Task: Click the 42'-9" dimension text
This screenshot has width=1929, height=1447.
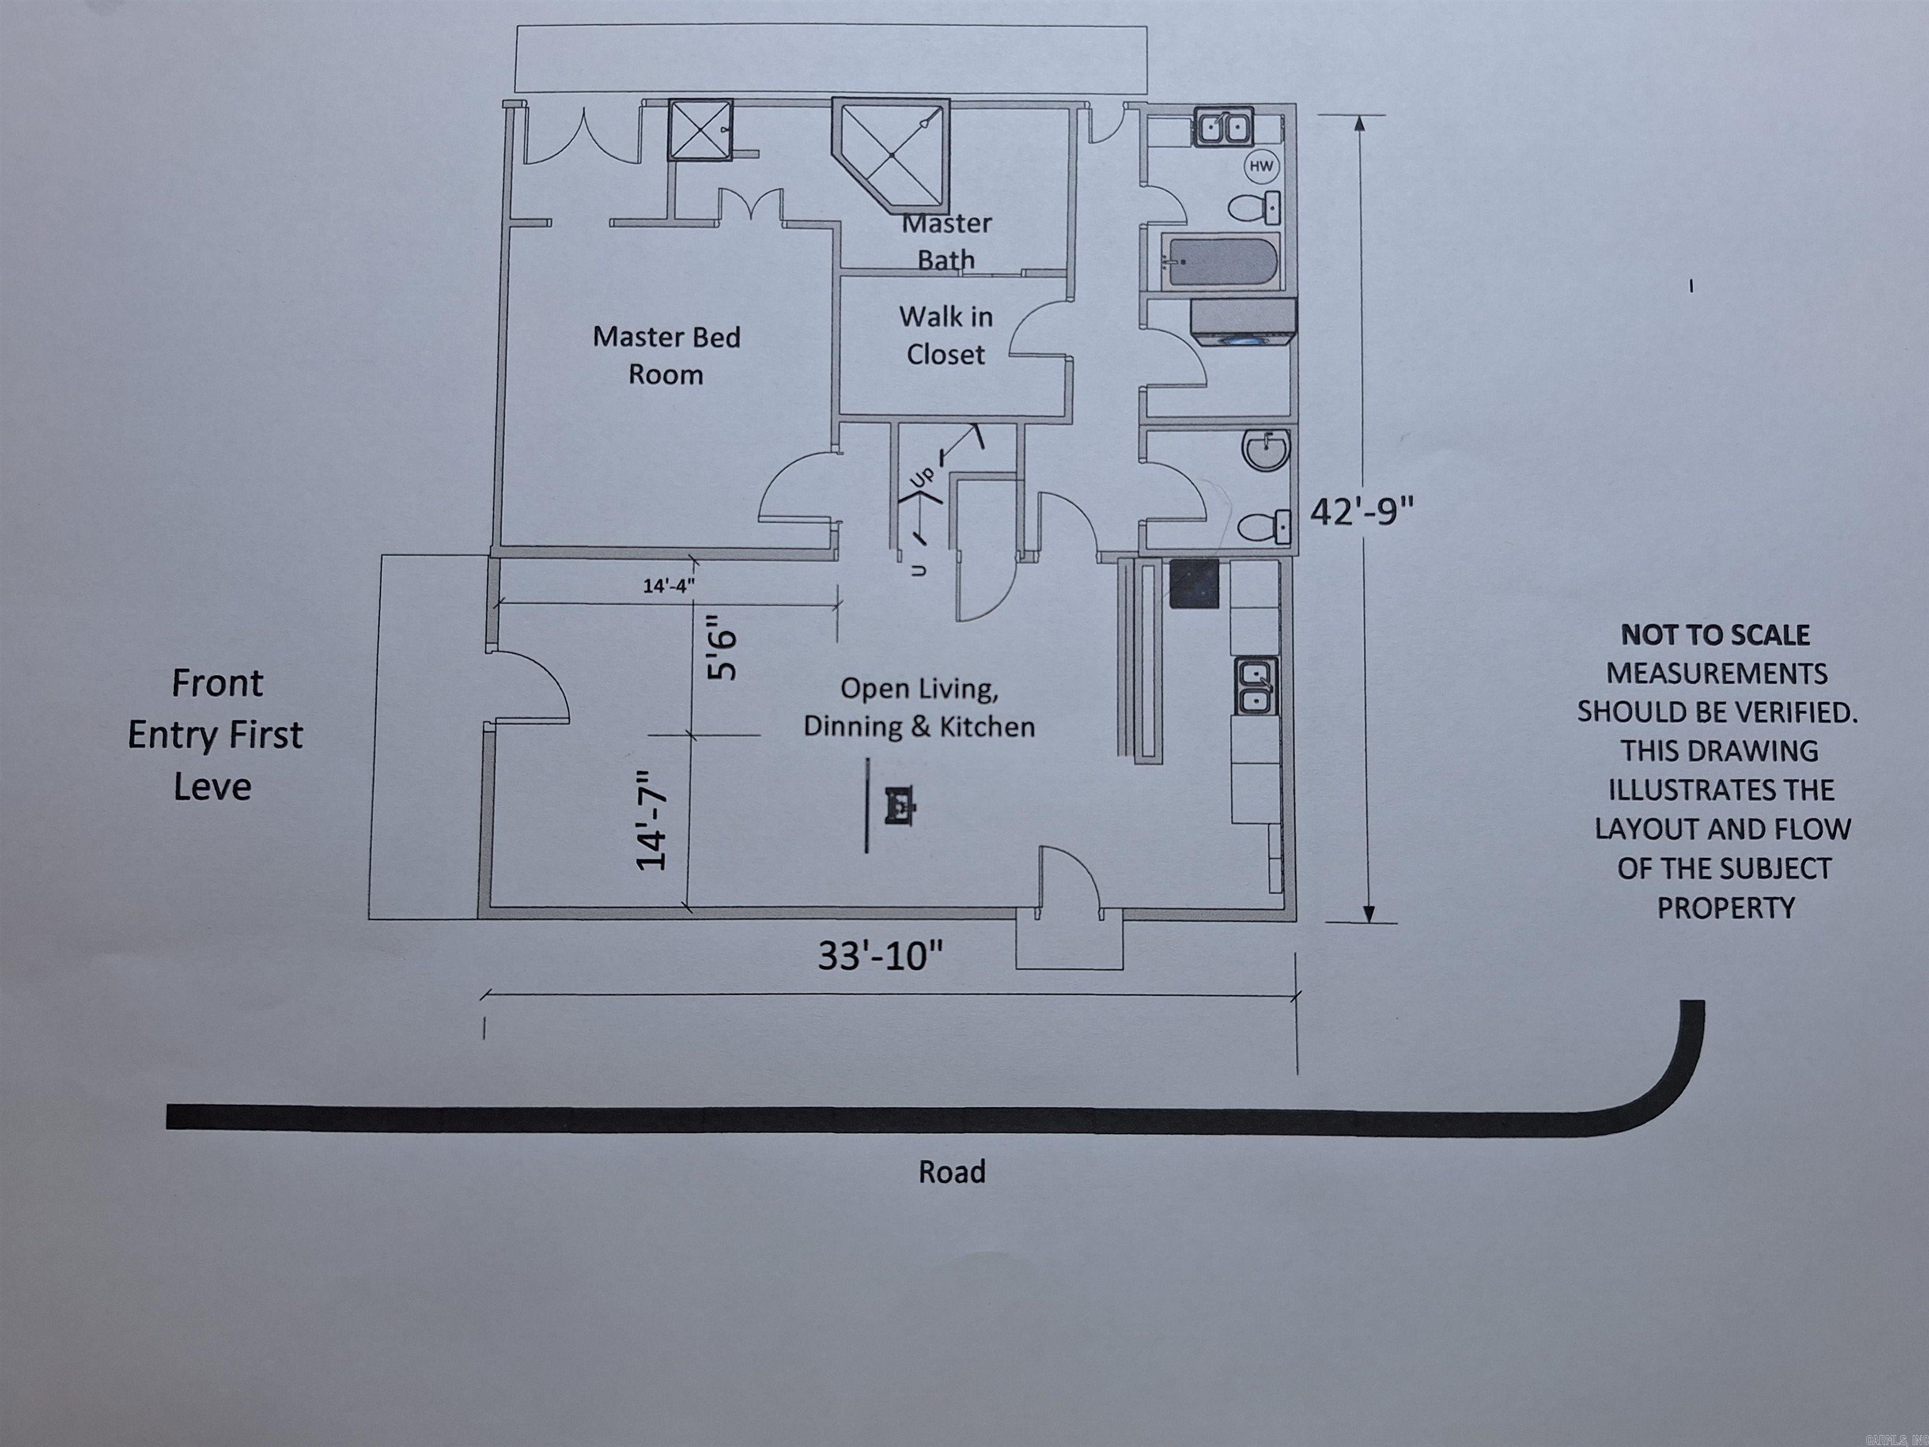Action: pos(1361,512)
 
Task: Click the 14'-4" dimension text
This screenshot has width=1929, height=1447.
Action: pos(669,585)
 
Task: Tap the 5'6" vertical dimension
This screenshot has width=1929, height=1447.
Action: pos(723,648)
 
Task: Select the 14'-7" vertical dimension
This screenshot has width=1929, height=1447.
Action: pos(652,820)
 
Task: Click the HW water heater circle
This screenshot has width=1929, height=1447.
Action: pos(1261,166)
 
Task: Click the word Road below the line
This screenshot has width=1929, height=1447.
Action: pos(951,1171)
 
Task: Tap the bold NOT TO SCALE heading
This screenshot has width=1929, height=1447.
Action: pos(1714,635)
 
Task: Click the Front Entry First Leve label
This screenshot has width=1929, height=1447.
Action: pos(215,734)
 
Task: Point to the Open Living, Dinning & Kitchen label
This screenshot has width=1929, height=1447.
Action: pos(919,707)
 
